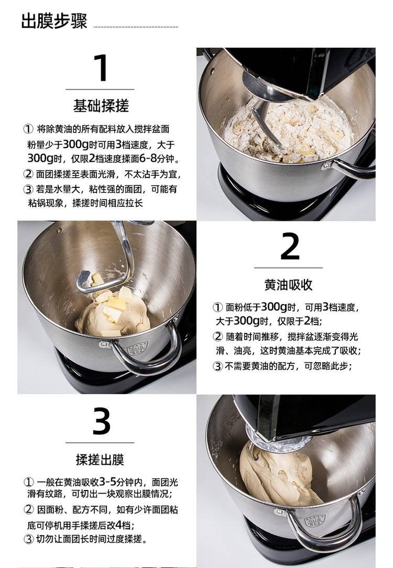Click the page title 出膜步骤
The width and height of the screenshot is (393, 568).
(54, 20)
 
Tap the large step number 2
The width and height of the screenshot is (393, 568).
(290, 246)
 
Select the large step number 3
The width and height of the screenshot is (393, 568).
(101, 421)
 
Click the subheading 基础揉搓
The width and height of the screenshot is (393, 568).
(101, 106)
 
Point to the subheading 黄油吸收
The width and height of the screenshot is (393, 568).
(288, 285)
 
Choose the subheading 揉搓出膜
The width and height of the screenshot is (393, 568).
(100, 459)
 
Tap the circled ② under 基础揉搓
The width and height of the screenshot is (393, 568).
(28, 174)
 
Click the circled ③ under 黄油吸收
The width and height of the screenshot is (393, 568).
(217, 366)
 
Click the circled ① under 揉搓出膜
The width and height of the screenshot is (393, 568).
(29, 482)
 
